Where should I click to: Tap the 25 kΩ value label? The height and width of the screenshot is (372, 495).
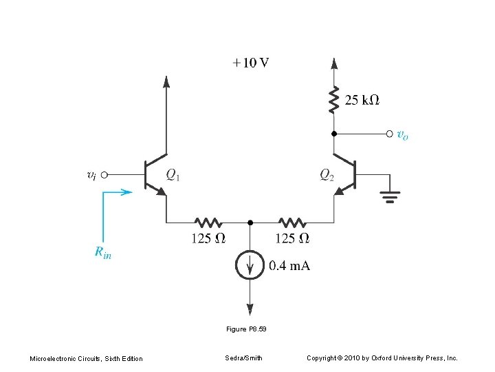tap(362, 101)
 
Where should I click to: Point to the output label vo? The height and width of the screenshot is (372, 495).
tap(402, 135)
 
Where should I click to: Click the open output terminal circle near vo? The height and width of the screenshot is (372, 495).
tap(390, 133)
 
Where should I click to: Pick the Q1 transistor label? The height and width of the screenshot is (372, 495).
tap(173, 175)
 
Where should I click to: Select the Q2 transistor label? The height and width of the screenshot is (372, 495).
tap(327, 175)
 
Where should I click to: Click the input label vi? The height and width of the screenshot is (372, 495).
tap(91, 175)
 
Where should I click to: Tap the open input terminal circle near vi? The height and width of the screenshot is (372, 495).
tap(105, 175)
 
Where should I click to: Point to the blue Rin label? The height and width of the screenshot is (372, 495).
tap(103, 253)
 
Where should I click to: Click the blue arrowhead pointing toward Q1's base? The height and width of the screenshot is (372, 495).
tap(126, 192)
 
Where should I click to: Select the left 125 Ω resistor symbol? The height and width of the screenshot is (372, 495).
tap(208, 223)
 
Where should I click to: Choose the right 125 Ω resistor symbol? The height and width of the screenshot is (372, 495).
tap(292, 223)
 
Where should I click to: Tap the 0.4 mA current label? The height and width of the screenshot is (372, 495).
tap(289, 266)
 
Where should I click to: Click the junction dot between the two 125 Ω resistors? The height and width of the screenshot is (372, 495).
tap(250, 223)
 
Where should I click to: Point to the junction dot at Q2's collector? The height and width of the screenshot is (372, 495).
tap(334, 133)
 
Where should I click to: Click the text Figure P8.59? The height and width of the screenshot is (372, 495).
tap(245, 329)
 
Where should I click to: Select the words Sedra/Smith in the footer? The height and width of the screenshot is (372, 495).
tap(243, 358)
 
